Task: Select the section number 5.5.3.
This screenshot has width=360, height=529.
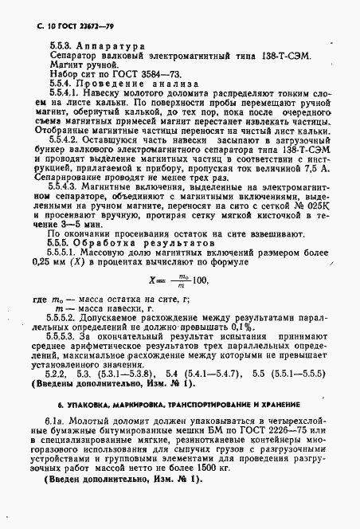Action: point(61,46)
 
